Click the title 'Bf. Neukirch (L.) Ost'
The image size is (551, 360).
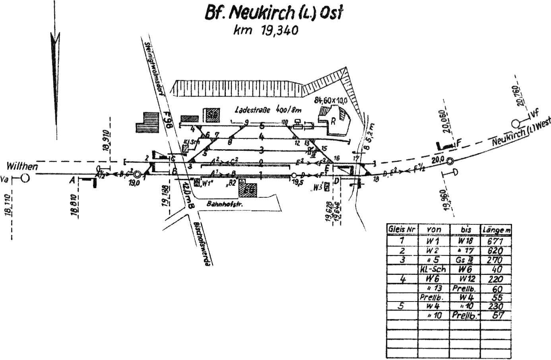tap(273, 13)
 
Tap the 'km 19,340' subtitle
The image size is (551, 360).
tap(266, 30)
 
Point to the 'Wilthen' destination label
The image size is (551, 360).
tap(22, 167)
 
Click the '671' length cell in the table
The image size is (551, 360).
tap(495, 241)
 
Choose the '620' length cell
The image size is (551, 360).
tap(495, 251)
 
